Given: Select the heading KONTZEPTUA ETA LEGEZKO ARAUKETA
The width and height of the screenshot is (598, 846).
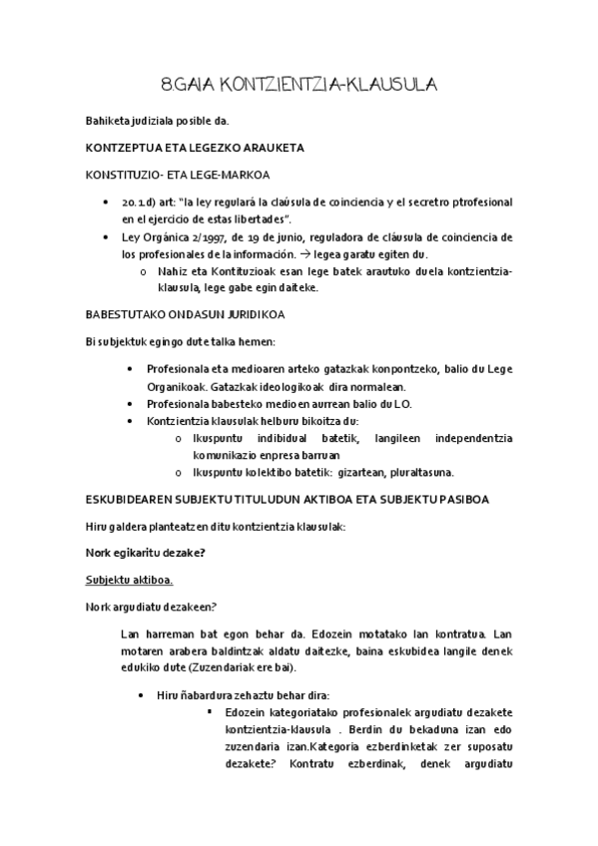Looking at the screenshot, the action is [196, 148].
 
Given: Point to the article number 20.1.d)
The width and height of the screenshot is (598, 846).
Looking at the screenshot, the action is [142, 202].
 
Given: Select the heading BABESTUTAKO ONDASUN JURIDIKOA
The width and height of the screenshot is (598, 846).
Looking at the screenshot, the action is [186, 314].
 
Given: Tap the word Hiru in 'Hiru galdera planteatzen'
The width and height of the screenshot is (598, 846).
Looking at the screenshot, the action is [99, 525].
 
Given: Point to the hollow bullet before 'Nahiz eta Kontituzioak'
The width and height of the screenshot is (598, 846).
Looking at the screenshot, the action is [145, 272].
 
